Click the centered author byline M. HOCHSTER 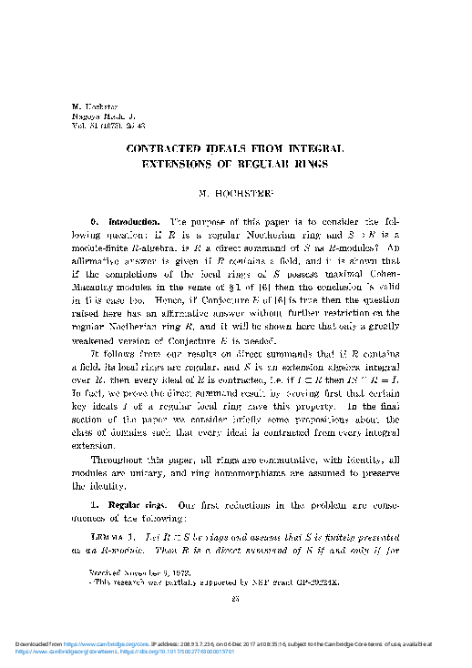pos(236,194)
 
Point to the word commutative pos(283,461)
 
